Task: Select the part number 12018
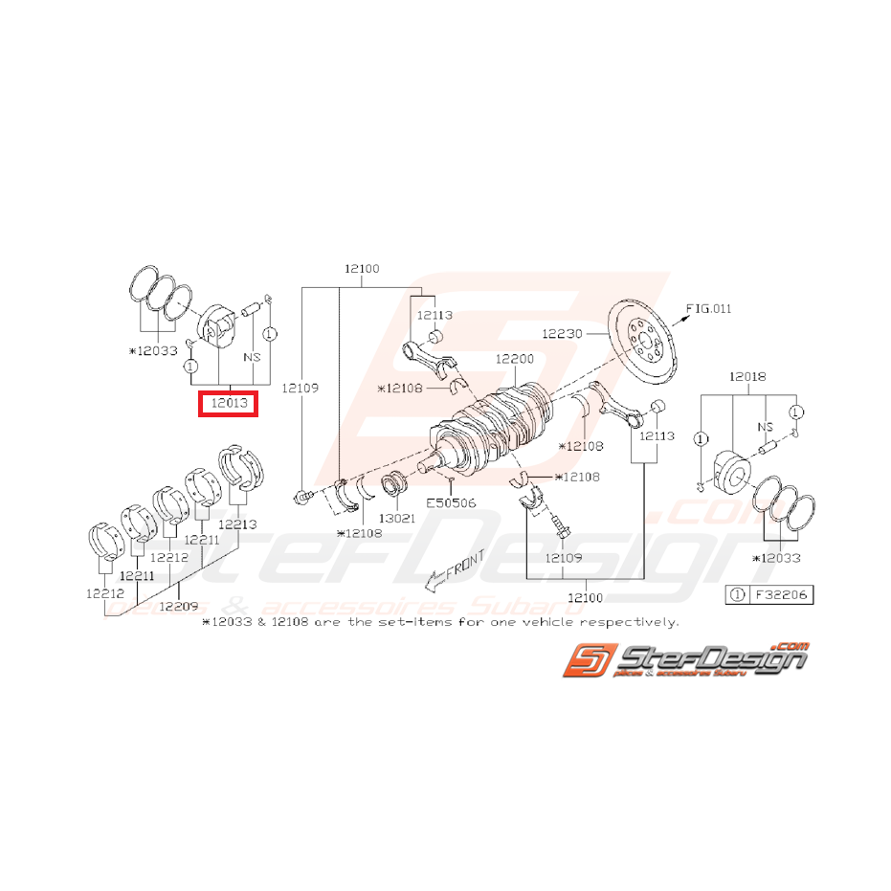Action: [x=747, y=378]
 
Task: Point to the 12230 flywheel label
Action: [x=562, y=334]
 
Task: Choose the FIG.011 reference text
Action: [x=709, y=308]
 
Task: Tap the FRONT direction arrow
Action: [x=456, y=568]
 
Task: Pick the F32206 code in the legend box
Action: [x=781, y=594]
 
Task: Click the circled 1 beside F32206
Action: [x=737, y=594]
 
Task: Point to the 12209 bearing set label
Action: [x=180, y=605]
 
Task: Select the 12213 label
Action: [x=237, y=523]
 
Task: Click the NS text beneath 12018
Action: [x=765, y=428]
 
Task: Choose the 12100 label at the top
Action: [x=363, y=270]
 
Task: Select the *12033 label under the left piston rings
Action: [x=153, y=350]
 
